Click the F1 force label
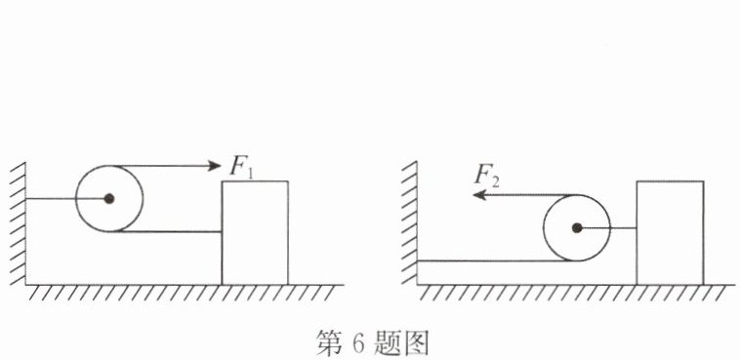(x=242, y=167)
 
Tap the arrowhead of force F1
(x=214, y=165)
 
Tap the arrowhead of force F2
(x=479, y=194)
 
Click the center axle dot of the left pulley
(x=109, y=199)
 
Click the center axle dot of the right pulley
(x=576, y=228)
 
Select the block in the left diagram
(x=255, y=232)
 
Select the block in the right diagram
(x=670, y=232)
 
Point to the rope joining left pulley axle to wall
(x=67, y=199)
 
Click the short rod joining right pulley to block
(x=606, y=228)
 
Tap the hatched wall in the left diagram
(x=18, y=223)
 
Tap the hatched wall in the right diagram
(x=410, y=223)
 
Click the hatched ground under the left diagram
(x=185, y=292)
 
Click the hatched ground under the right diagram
(x=576, y=292)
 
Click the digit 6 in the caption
(x=356, y=343)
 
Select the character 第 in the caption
(x=329, y=343)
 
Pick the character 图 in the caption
(x=415, y=343)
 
